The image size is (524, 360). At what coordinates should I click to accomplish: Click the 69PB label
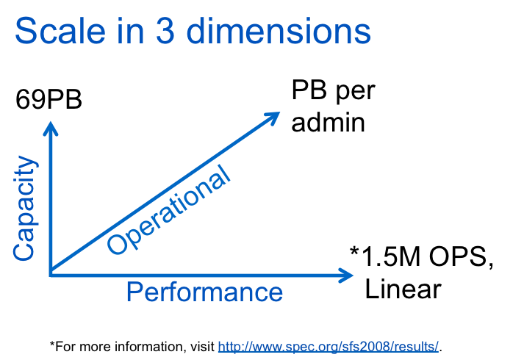tap(49, 98)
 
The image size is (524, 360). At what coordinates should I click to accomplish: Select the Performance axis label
tap(204, 292)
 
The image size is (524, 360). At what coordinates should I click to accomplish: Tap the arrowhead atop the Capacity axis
tap(50, 128)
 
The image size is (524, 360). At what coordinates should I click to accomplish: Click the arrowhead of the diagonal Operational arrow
tap(273, 116)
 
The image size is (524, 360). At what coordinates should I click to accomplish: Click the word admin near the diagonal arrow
tap(328, 121)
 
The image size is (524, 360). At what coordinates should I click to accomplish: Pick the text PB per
tap(333, 92)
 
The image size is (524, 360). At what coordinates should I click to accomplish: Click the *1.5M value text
tap(384, 258)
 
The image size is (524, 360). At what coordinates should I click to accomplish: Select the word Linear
tap(403, 289)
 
